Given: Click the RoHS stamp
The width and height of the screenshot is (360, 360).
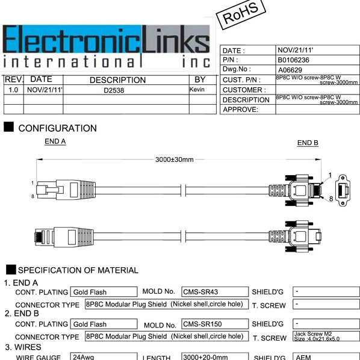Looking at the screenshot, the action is point(241,14).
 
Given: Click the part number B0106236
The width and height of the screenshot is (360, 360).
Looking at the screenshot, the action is point(293,60).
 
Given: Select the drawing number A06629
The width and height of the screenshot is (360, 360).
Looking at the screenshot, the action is point(290,70).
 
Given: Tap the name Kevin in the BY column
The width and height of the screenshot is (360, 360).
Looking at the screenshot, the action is point(197,89).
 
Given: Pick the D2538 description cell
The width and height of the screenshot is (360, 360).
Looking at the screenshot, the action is point(114,90).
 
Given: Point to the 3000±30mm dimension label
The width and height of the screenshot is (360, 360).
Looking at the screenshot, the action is point(174,160).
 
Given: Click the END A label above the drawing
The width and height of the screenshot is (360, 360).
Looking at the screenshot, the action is point(55,141).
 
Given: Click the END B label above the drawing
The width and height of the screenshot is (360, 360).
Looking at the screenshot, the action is point(308,143).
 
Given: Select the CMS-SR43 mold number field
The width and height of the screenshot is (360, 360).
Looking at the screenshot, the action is point(215,291).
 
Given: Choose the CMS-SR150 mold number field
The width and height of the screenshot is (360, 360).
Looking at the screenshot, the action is point(215,324).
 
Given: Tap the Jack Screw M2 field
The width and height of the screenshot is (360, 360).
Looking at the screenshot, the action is point(326,336).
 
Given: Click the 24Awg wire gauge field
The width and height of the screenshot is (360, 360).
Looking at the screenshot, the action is point(104,356).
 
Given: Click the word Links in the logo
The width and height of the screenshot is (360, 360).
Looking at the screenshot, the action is point(176,39).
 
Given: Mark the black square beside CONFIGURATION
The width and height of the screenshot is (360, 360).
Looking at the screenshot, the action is point(8,127).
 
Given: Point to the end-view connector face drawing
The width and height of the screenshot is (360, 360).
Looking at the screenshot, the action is point(343,190).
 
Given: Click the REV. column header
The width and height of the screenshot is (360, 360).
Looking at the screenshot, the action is point(14,79).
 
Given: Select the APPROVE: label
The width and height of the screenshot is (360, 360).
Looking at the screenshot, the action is point(240,110).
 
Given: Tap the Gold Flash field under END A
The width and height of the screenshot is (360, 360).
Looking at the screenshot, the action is point(104,291).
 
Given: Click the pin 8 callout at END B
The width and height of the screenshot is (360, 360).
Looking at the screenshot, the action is point(331,199).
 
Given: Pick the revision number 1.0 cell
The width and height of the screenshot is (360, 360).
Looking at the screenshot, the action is point(13,90).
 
